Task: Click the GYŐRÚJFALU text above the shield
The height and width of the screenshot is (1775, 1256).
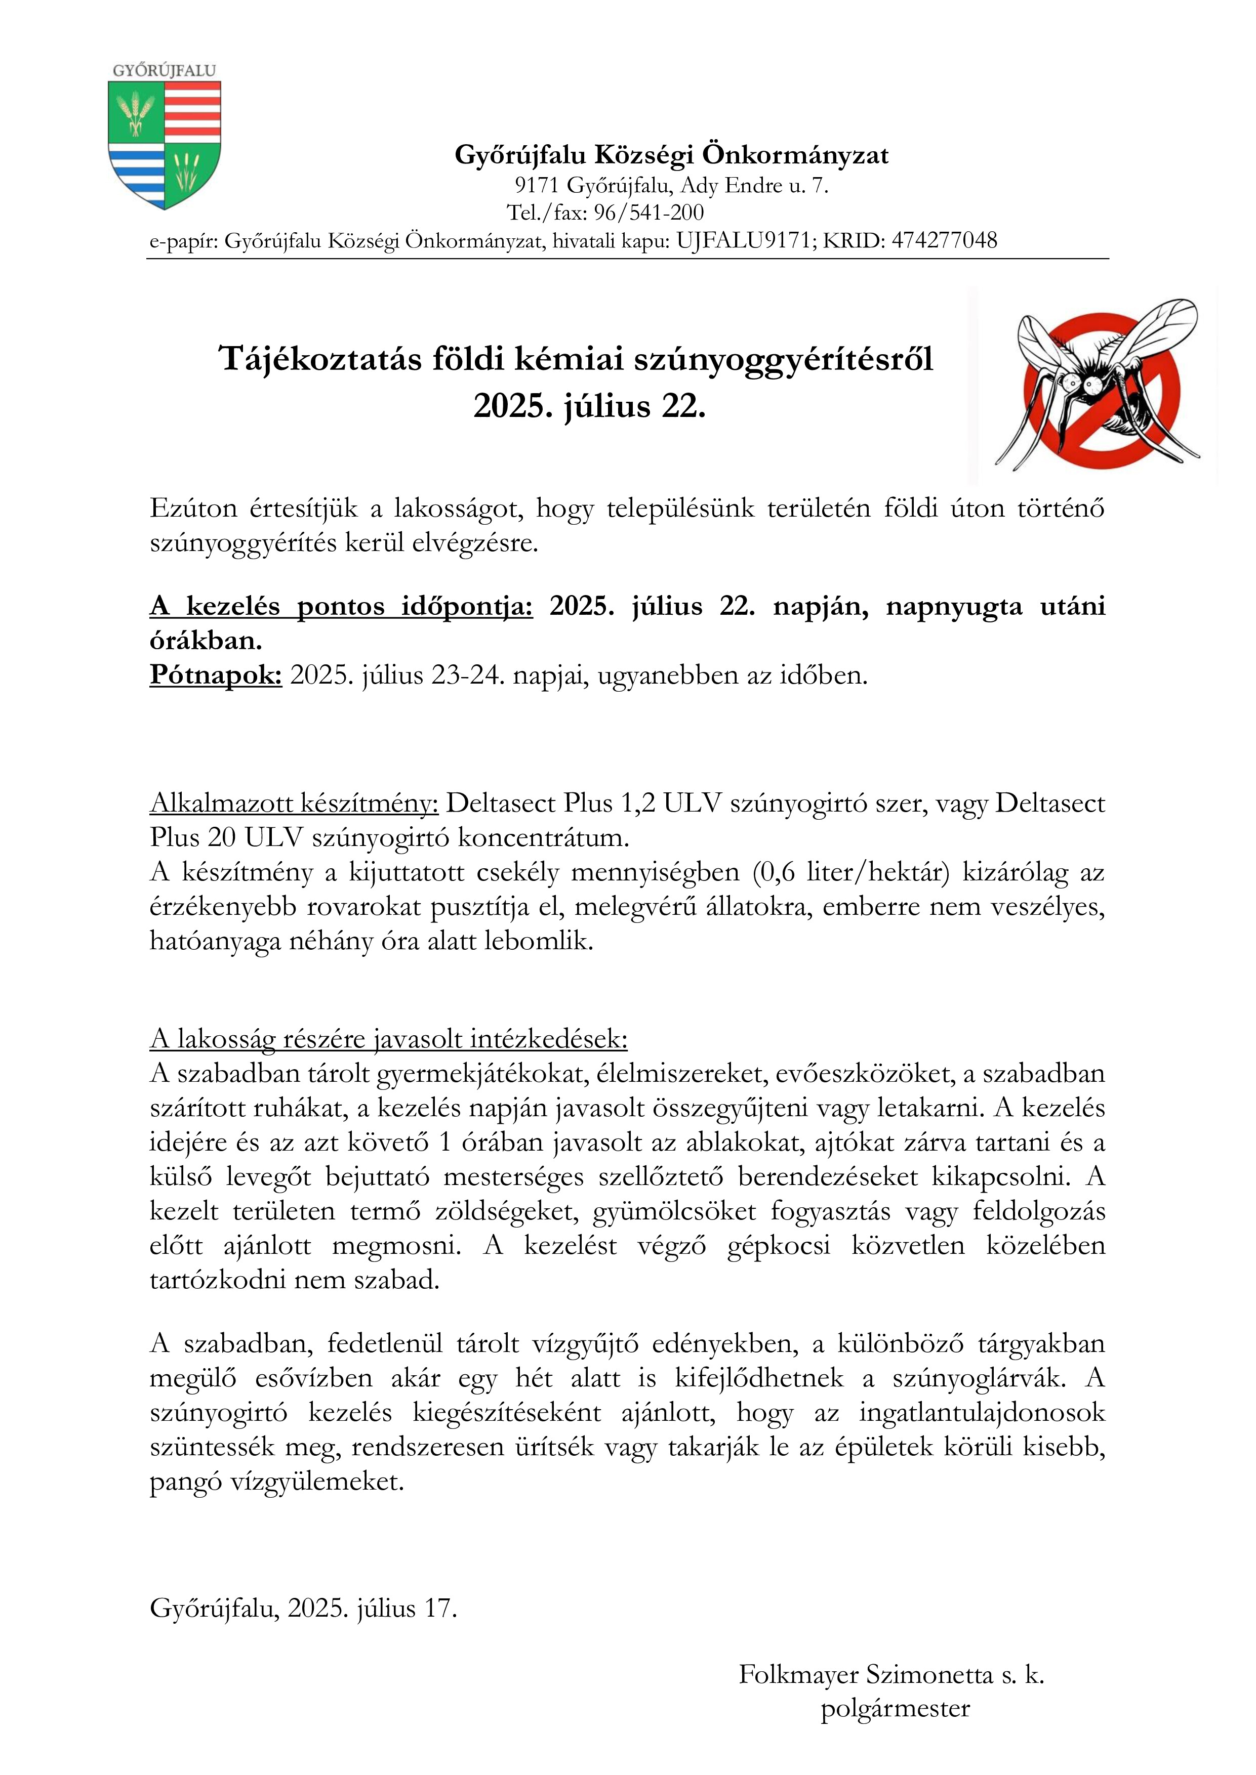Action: (x=164, y=70)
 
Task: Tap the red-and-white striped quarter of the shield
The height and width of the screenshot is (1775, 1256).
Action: (x=192, y=110)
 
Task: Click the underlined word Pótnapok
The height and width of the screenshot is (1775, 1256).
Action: (x=216, y=675)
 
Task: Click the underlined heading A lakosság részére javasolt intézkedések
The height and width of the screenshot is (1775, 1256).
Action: (x=388, y=1038)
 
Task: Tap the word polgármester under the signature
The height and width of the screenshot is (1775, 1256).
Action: (x=895, y=1708)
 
